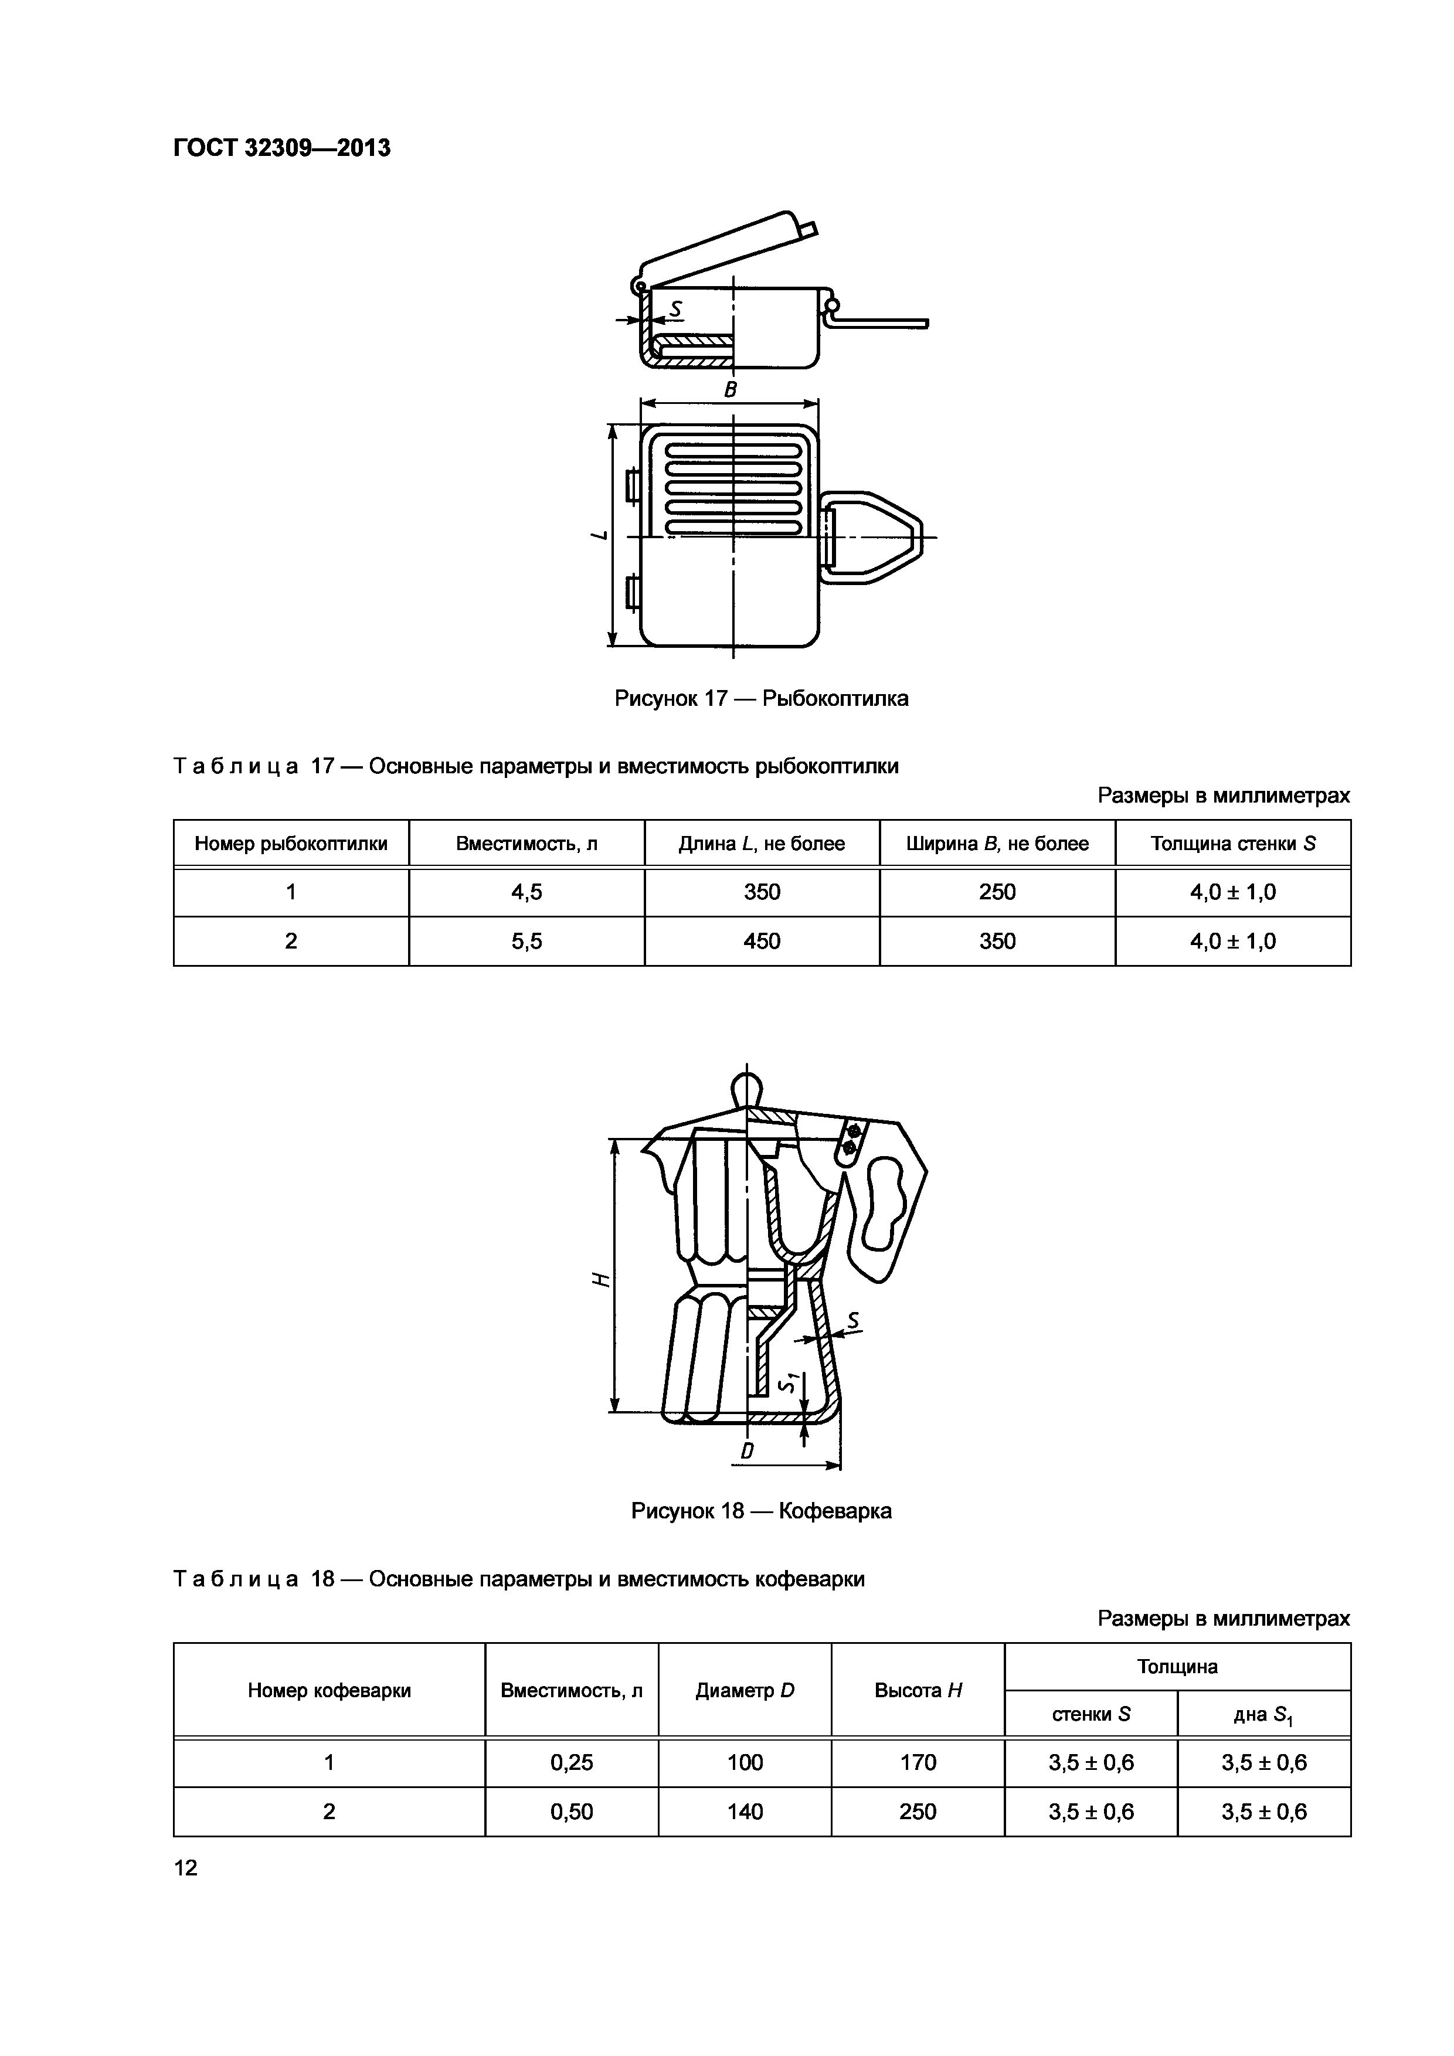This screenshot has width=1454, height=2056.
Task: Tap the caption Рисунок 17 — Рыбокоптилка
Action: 761,698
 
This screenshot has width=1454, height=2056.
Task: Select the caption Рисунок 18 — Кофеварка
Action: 761,1511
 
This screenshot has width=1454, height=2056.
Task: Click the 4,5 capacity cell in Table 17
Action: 526,892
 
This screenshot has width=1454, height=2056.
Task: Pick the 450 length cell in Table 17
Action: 762,941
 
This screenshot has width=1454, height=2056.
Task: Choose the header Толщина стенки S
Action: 1233,844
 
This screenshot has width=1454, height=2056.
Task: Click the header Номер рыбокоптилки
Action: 291,844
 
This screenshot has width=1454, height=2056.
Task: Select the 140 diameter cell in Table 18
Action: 745,1812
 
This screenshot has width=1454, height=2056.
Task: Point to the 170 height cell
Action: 918,1762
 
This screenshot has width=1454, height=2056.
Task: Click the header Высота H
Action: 918,1691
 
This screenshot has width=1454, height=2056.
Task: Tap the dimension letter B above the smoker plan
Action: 731,389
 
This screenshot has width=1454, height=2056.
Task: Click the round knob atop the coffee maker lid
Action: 747,1089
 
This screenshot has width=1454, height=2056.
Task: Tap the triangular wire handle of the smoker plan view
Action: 882,537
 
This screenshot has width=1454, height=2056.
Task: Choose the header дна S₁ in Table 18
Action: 1263,1715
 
